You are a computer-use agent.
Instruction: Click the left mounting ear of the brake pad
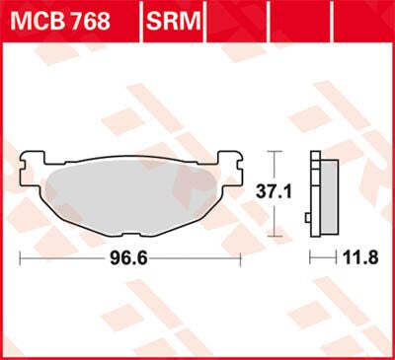point(32,161)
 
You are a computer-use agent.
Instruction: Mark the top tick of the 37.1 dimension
point(276,151)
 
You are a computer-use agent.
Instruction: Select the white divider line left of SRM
point(142,21)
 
